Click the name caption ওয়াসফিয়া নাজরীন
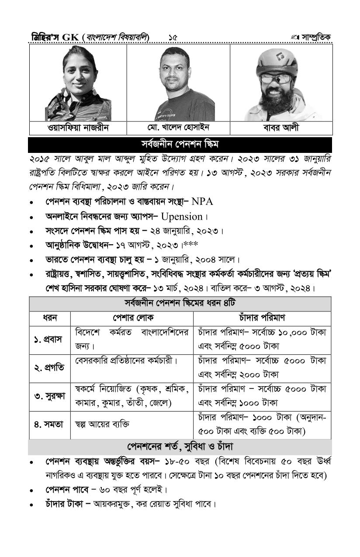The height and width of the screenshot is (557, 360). coord(78,128)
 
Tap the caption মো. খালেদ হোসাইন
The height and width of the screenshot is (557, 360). coord(178,128)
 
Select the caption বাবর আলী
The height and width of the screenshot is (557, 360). coord(281,128)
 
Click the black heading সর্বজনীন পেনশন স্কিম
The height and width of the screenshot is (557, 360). coord(180,144)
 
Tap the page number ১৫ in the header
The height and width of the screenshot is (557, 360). coord(173,38)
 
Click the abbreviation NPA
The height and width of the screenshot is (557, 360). coord(202,202)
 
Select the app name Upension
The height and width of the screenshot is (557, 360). coord(182,217)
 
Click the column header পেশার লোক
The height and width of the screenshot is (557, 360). coord(132,318)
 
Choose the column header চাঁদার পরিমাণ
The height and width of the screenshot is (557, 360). coord(262,318)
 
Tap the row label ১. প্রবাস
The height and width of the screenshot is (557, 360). coord(49,339)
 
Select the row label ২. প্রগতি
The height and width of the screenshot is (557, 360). coord(49,368)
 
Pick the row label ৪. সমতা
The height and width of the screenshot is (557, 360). coord(49,424)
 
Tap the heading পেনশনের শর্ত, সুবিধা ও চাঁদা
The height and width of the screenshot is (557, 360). coord(180,447)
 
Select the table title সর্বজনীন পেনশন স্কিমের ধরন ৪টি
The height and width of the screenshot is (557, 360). coord(180,304)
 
